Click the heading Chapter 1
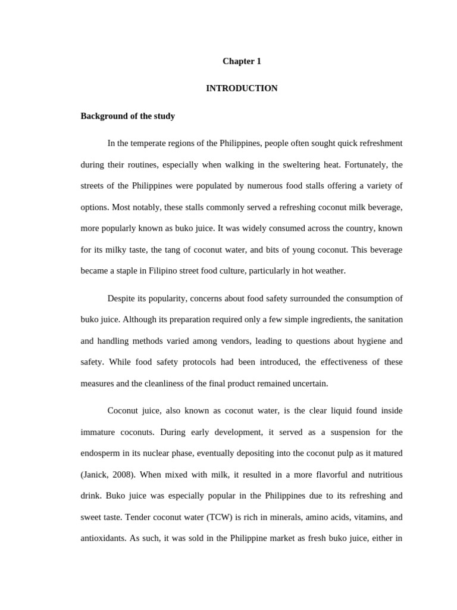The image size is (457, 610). pyautogui.click(x=242, y=61)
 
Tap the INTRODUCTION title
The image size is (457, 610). pyautogui.click(x=242, y=88)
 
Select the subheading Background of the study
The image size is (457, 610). pyautogui.click(x=127, y=116)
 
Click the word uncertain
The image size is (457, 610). pyautogui.click(x=306, y=383)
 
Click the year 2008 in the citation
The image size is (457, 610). pyautogui.click(x=116, y=475)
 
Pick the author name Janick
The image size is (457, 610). pyautogui.click(x=95, y=475)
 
